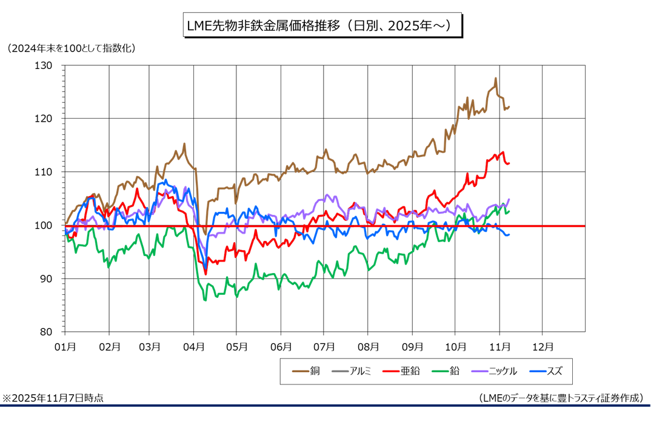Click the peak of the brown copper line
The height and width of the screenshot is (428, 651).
(x=495, y=78)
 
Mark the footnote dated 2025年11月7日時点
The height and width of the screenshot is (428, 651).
(x=53, y=398)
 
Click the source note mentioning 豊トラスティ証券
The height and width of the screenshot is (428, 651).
(x=561, y=398)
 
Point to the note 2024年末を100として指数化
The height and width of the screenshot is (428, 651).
(x=71, y=48)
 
